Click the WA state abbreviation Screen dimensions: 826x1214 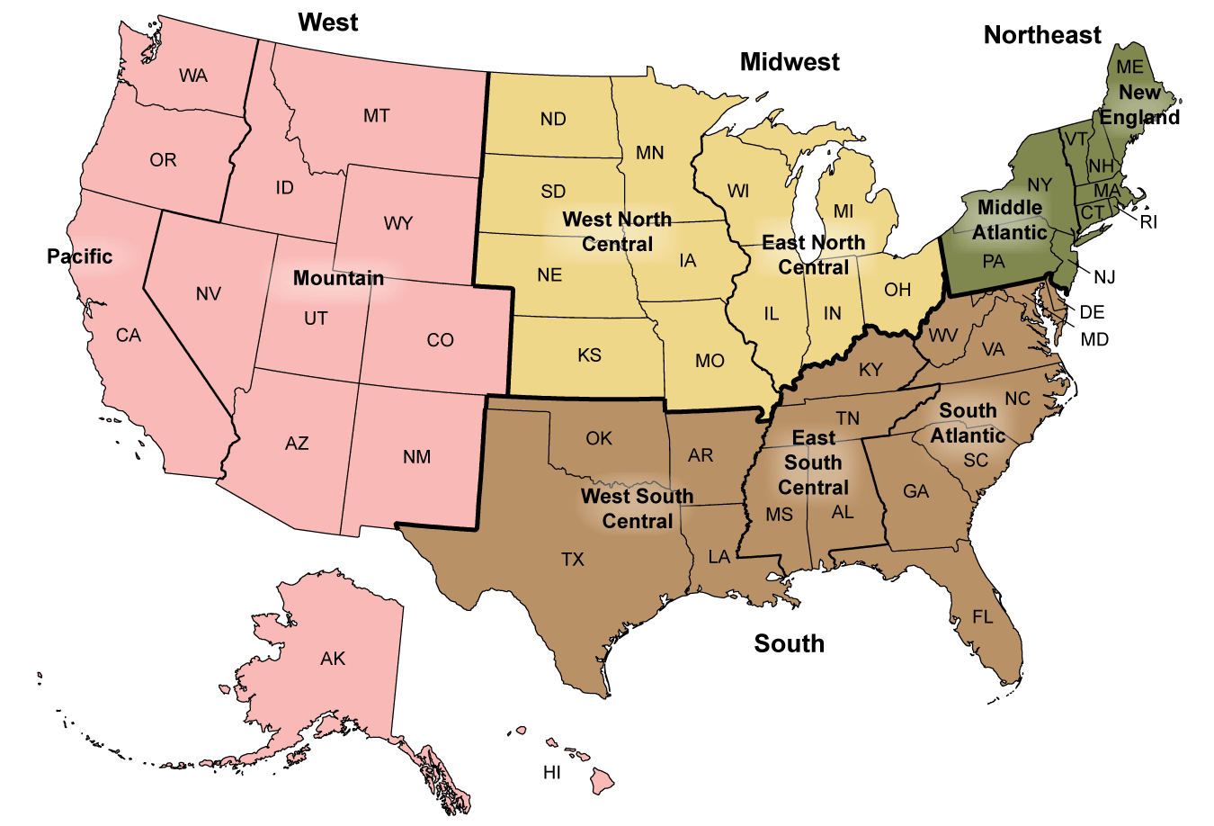[193, 76]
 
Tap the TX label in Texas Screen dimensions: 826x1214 [573, 560]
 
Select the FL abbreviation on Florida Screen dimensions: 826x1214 [983, 617]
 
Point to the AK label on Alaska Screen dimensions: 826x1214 [333, 659]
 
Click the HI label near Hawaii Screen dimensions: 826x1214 [552, 773]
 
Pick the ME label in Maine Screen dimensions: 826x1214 [1130, 67]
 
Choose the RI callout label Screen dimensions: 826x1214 [1148, 222]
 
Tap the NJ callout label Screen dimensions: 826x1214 [1104, 277]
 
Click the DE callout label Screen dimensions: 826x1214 [1092, 312]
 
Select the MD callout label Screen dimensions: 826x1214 [1094, 339]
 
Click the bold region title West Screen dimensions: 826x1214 [328, 22]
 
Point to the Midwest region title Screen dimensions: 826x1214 [790, 62]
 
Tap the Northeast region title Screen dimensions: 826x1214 [1042, 35]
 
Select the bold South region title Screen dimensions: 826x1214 [789, 643]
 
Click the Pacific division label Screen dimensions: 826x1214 [80, 256]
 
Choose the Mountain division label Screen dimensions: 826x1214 [338, 278]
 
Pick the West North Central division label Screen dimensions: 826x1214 [617, 232]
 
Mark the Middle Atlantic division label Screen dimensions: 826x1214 [1010, 220]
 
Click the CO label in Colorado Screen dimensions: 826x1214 [441, 340]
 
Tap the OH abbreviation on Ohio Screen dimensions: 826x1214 [897, 290]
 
